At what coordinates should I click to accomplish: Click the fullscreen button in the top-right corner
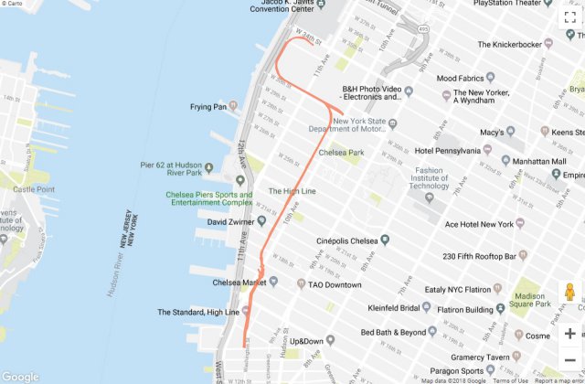569,16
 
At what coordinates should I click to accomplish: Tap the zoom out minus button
569,359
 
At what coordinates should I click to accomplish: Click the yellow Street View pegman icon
569,293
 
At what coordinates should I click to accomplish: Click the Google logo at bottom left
20,376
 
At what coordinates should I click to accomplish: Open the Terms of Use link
510,379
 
